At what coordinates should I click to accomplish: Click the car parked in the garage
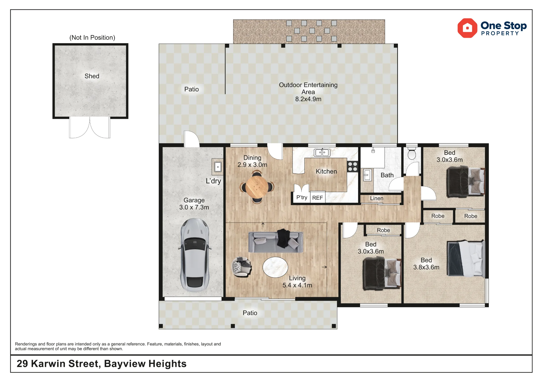tap(194, 255)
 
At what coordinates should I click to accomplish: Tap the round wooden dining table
tap(257, 187)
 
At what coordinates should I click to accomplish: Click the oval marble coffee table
tap(275, 267)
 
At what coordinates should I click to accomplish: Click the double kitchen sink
tap(322, 153)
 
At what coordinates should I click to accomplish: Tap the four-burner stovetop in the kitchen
tap(352, 166)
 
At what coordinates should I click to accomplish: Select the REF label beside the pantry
tap(317, 198)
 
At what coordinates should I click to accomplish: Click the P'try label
tap(302, 197)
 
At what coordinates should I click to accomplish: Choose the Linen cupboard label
tap(377, 198)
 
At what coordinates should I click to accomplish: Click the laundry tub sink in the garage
tap(218, 167)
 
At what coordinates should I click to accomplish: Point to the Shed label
tap(92, 76)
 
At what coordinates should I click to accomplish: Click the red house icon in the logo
tap(467, 28)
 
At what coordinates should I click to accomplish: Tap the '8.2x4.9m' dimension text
tap(308, 99)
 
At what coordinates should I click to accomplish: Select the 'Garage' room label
tap(194, 200)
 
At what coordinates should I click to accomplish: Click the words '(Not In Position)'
tap(92, 38)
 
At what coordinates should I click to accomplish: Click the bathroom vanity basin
tap(367, 175)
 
